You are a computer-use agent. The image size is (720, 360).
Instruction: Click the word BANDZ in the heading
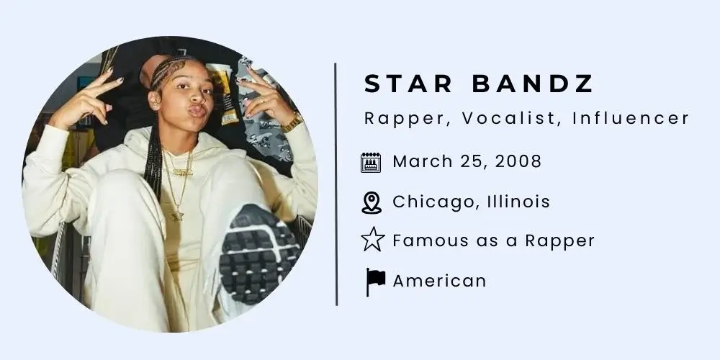click(x=533, y=84)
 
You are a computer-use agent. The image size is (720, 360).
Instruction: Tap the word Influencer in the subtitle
click(x=631, y=118)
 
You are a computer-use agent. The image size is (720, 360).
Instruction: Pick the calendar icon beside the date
click(x=371, y=162)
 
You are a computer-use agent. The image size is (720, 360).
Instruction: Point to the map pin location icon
click(x=371, y=202)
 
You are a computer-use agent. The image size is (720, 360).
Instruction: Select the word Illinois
click(x=513, y=202)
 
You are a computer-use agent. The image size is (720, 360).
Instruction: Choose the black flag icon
click(x=374, y=281)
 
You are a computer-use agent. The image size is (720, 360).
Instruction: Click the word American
click(x=439, y=280)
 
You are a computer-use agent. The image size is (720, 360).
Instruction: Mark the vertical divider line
click(x=336, y=184)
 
